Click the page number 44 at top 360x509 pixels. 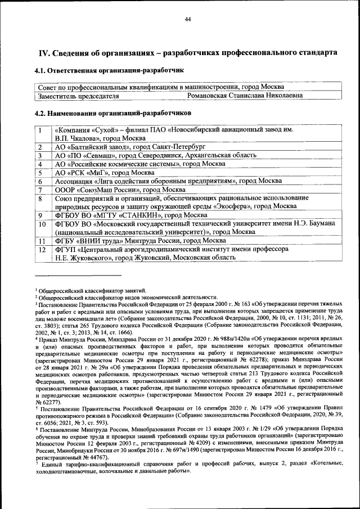(x=188, y=20)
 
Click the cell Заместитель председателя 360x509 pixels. (x=78, y=96)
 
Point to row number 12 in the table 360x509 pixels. (x=42, y=249)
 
